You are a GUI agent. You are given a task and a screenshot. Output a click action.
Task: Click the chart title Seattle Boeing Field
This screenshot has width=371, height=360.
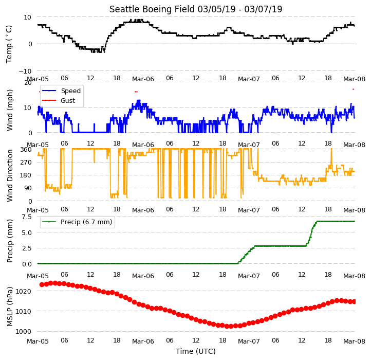152,9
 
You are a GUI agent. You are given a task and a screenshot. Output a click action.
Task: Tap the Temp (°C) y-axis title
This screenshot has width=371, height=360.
9,44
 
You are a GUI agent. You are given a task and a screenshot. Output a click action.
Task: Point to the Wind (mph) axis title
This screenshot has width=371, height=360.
10,110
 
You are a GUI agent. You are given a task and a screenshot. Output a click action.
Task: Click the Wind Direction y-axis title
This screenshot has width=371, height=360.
10,175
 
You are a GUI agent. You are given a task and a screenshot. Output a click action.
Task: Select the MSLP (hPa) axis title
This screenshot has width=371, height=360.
10,307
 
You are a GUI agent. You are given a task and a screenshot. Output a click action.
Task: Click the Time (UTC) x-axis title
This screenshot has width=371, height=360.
196,351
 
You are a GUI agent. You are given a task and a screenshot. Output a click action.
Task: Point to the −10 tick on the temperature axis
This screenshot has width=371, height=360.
25,71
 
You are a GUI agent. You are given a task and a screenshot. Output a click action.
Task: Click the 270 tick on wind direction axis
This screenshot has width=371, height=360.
26,163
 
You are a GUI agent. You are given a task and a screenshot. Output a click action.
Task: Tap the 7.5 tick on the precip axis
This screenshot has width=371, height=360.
27,217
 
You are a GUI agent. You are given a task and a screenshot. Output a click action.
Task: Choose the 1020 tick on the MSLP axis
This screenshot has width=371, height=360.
24,291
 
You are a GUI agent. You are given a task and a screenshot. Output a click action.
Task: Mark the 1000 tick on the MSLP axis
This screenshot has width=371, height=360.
24,331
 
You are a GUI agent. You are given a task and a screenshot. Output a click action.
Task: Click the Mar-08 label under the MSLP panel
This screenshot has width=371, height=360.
354,341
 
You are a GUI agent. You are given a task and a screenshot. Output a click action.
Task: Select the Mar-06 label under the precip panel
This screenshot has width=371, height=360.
143,276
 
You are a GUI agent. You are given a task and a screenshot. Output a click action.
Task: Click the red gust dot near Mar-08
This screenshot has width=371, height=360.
353,89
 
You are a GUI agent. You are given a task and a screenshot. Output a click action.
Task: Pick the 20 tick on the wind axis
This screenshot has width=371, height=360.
28,83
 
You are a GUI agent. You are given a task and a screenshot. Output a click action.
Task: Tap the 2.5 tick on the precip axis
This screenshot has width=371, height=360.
27,248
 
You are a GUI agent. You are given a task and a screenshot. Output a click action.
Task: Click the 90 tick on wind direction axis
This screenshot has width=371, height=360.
28,188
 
